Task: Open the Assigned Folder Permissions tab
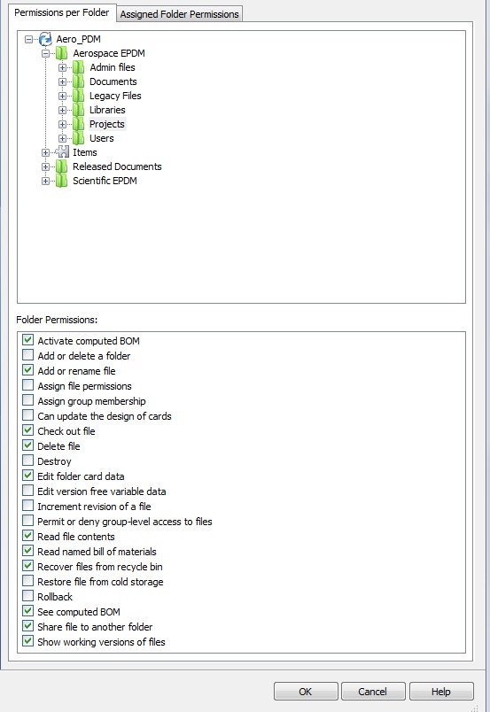179,14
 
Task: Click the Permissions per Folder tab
62,12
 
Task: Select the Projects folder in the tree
107,124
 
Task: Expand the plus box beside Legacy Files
62,96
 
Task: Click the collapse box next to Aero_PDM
28,39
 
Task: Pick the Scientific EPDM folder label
105,181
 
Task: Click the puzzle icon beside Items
62,152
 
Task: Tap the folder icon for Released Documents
61,166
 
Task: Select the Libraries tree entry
107,110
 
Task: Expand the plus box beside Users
62,138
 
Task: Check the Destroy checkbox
28,460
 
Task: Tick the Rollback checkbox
28,596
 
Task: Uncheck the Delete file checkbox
28,445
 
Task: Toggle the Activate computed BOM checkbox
28,340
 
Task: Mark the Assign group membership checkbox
28,400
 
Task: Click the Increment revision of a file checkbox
28,506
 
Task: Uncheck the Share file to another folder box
28,626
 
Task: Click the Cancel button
373,691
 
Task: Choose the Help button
441,691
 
